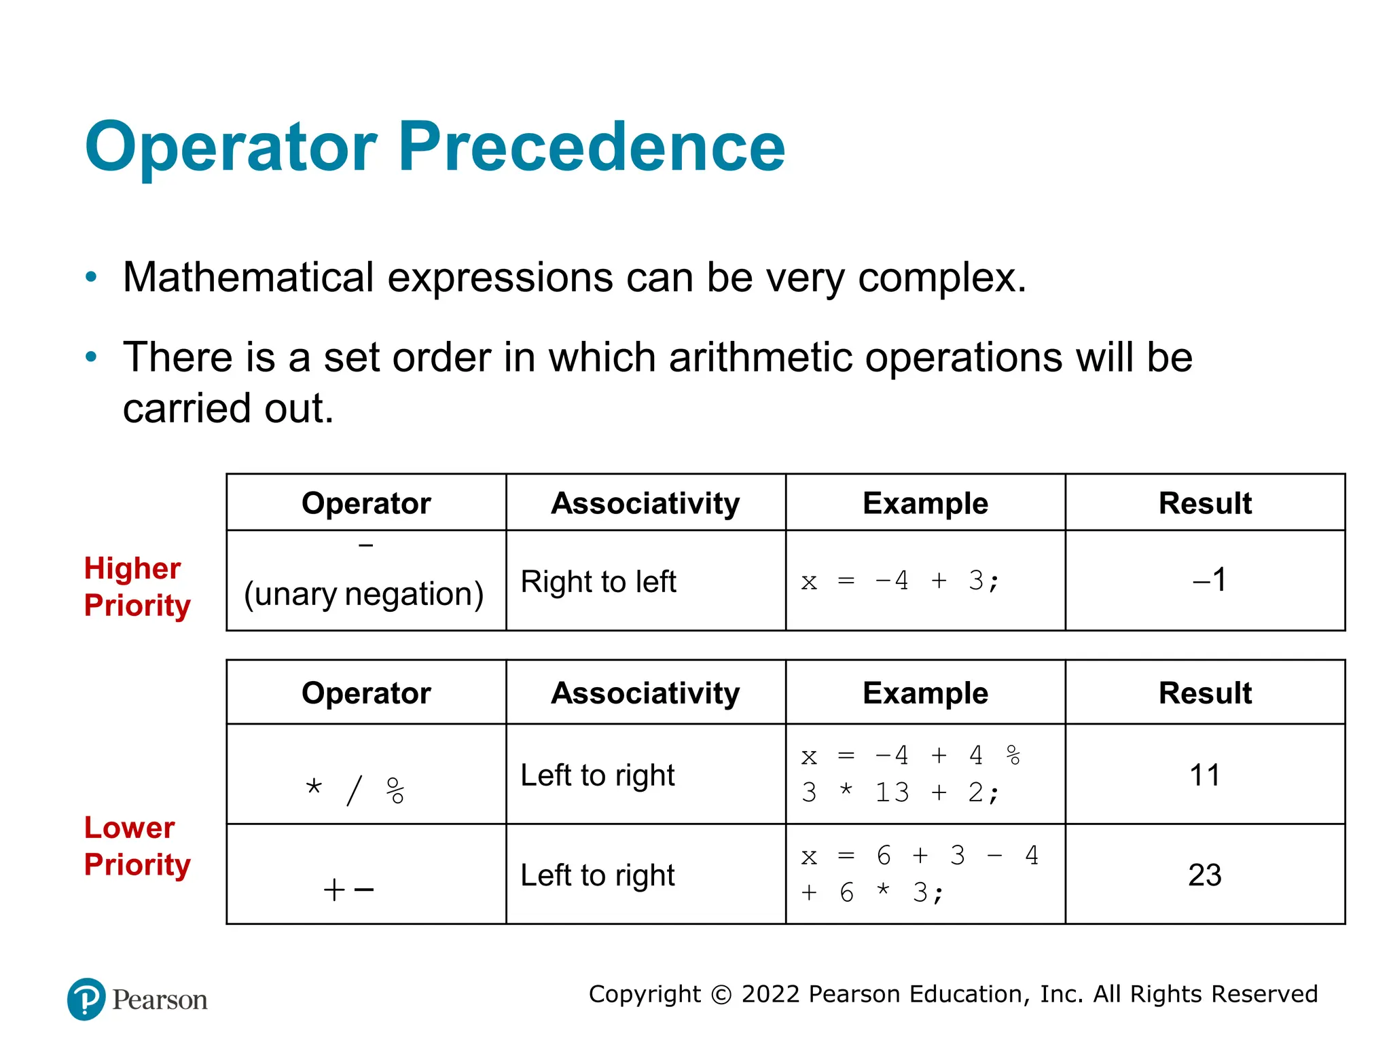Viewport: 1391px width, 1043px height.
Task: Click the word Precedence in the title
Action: click(x=591, y=147)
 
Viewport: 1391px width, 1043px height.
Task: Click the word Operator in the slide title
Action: click(x=231, y=147)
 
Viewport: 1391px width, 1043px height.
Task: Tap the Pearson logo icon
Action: click(x=86, y=999)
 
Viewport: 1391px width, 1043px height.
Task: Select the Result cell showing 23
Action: click(x=1204, y=875)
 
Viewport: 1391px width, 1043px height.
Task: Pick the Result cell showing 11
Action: click(x=1204, y=775)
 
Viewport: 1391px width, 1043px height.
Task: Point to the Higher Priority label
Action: click(x=137, y=587)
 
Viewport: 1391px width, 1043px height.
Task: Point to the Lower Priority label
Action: click(x=137, y=846)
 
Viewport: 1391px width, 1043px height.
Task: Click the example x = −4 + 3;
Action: click(x=900, y=581)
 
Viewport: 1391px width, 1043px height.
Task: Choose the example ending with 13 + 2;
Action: click(x=910, y=774)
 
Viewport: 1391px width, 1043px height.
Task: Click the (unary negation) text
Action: click(x=363, y=594)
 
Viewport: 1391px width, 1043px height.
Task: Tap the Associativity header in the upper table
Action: click(x=645, y=503)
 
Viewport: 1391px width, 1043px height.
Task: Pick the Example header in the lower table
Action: click(x=925, y=693)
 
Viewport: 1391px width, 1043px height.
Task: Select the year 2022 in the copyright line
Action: click(x=770, y=994)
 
